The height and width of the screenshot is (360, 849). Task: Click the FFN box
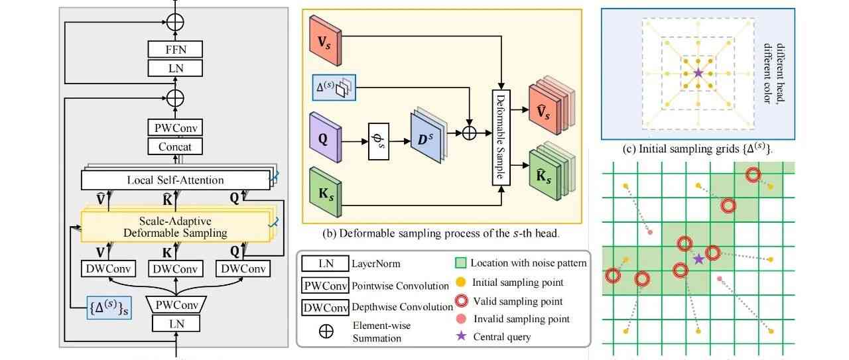[176, 49]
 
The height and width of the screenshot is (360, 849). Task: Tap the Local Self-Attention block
[175, 180]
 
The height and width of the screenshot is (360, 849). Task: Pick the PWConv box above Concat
[175, 127]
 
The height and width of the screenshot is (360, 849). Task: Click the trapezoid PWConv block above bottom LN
[176, 305]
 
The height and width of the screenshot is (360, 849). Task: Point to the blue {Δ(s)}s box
[109, 306]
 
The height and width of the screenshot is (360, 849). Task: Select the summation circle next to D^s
[470, 133]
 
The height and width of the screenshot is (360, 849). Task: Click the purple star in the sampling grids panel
[698, 73]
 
